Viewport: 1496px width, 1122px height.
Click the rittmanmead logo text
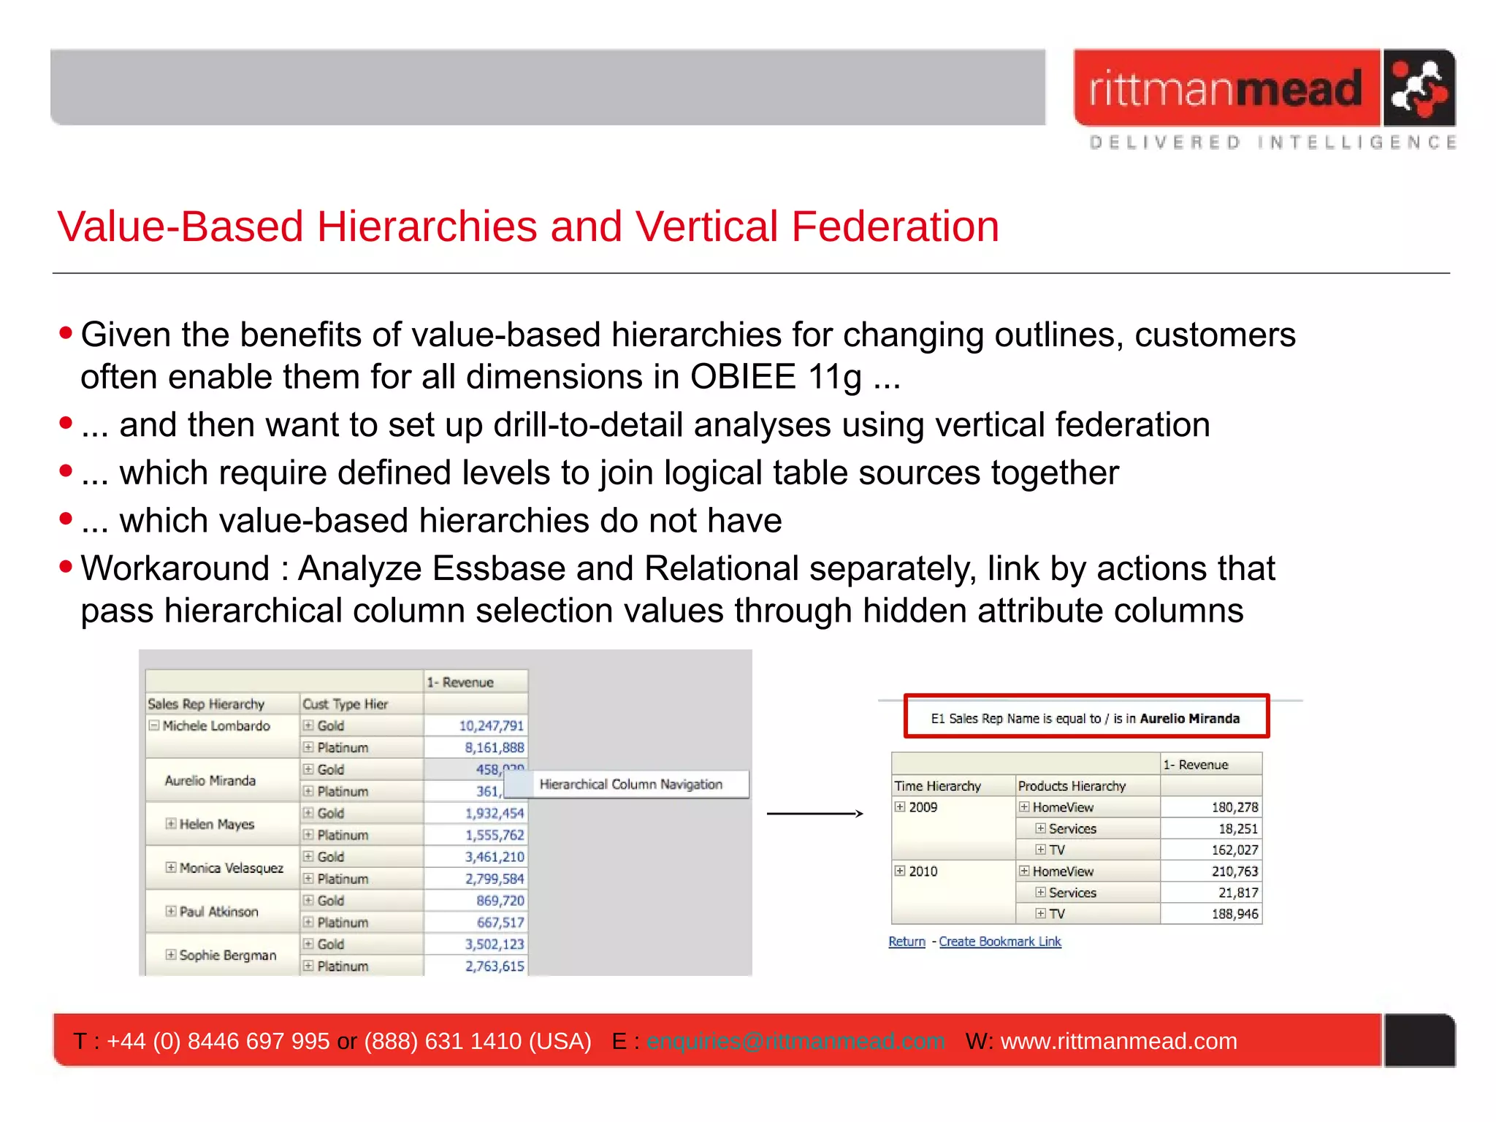click(1226, 89)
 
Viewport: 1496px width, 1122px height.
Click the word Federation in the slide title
click(895, 226)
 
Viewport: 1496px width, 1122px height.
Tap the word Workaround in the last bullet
click(175, 568)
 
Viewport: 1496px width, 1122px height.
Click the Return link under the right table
click(907, 942)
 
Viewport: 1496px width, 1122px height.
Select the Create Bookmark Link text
click(999, 942)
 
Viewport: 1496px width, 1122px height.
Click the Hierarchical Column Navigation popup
click(630, 785)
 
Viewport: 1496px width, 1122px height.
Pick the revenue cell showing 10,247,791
click(491, 725)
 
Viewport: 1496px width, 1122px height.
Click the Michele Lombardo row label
click(216, 725)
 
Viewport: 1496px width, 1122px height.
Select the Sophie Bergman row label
click(228, 955)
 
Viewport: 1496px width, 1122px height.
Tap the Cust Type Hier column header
click(345, 703)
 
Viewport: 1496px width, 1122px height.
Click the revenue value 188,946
click(1234, 914)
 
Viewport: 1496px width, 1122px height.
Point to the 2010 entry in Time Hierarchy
click(923, 871)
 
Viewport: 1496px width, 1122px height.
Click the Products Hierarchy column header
click(1072, 786)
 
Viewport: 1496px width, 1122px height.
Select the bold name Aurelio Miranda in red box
click(1189, 719)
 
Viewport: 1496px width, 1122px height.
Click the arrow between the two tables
click(814, 813)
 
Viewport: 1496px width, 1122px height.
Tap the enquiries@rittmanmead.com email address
click(795, 1041)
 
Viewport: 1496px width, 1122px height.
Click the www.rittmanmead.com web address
click(1118, 1041)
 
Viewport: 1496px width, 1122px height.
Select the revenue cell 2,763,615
click(495, 966)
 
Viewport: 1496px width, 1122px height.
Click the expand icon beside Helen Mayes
click(170, 824)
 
